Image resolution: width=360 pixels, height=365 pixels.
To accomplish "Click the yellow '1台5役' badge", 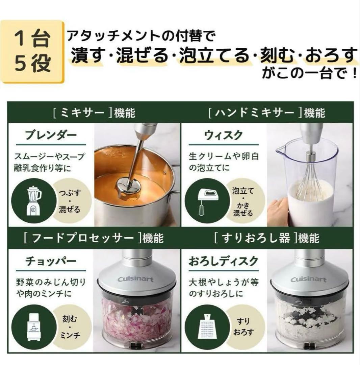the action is [x=32, y=51].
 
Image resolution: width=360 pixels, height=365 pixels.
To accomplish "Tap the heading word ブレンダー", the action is [x=51, y=135].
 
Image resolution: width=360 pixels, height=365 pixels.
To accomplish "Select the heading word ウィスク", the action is [x=223, y=135].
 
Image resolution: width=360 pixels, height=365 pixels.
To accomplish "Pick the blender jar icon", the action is [x=33, y=200].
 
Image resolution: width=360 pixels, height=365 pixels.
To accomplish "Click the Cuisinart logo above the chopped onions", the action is [x=135, y=279].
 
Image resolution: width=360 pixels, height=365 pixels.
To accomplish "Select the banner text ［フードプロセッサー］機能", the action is [x=94, y=238].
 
